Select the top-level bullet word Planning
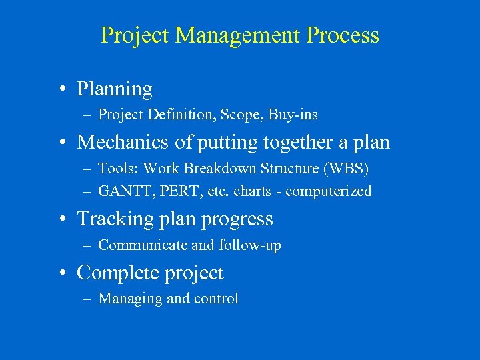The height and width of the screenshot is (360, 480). coord(115,89)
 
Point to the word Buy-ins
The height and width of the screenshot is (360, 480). coord(293,115)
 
